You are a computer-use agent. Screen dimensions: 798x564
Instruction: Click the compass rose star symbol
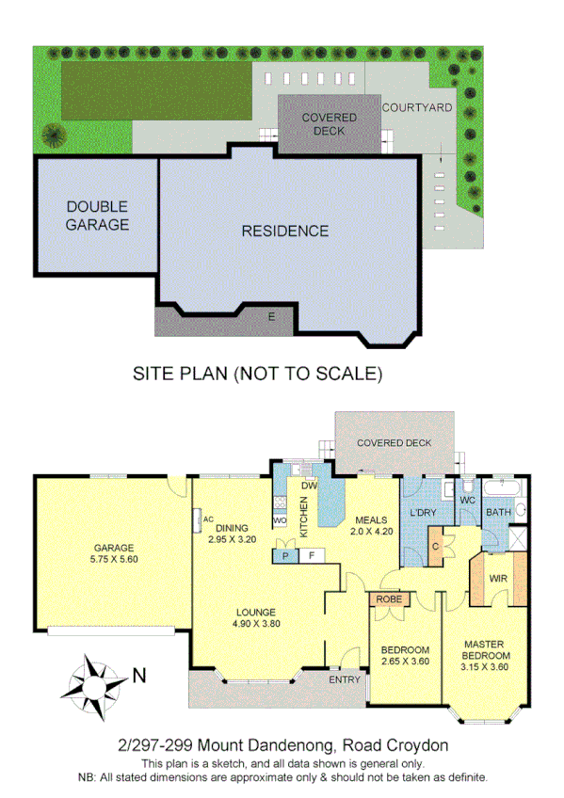93,687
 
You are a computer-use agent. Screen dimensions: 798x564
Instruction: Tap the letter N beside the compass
139,675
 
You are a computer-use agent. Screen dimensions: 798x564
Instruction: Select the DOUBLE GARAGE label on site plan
97,215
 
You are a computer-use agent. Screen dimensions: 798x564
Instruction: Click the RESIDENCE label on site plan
285,231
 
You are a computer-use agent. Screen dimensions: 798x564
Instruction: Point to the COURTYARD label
417,108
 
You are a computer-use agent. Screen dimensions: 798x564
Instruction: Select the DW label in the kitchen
307,486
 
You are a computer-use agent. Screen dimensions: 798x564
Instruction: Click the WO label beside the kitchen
279,519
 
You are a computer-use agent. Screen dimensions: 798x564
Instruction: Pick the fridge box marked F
311,556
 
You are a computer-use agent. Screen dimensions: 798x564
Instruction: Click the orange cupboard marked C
436,547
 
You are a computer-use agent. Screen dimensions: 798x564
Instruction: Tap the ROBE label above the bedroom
391,598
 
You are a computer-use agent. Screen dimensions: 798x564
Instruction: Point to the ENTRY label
345,679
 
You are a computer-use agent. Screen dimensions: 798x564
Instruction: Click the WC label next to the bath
467,500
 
